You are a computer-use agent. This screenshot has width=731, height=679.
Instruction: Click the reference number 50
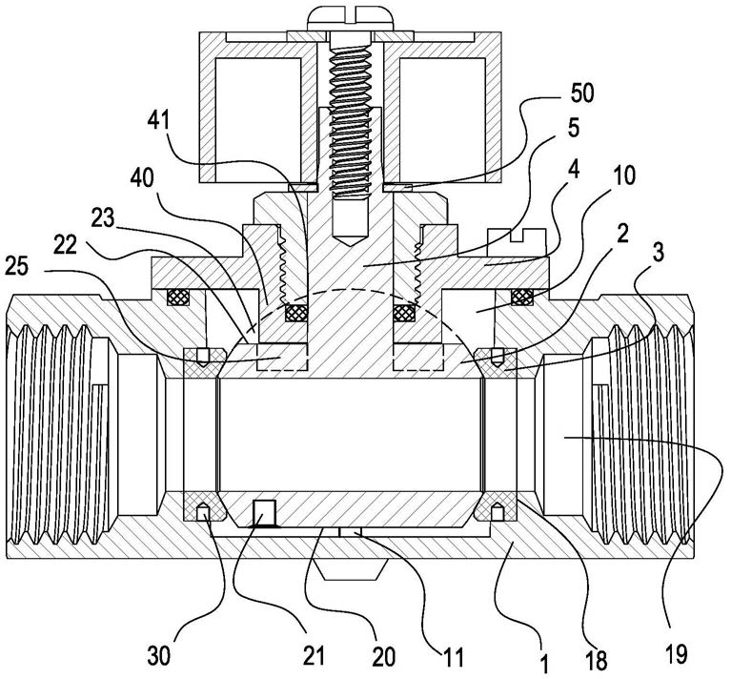581,93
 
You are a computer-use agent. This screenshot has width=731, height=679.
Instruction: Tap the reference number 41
158,122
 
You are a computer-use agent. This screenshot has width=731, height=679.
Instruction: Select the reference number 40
143,177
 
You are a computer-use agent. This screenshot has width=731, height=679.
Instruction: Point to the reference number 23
103,217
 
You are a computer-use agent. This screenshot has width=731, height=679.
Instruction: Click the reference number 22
65,244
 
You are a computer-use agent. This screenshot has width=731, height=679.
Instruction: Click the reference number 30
159,657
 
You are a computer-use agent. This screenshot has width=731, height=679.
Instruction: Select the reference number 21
314,656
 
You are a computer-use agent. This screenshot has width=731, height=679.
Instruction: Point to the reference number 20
384,657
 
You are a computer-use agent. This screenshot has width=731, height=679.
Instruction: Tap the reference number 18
598,660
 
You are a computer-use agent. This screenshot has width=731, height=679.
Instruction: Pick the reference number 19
677,654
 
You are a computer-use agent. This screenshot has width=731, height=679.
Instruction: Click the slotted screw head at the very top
351,19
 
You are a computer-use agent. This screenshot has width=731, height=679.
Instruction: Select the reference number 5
574,127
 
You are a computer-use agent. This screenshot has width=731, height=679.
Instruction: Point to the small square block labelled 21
264,512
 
